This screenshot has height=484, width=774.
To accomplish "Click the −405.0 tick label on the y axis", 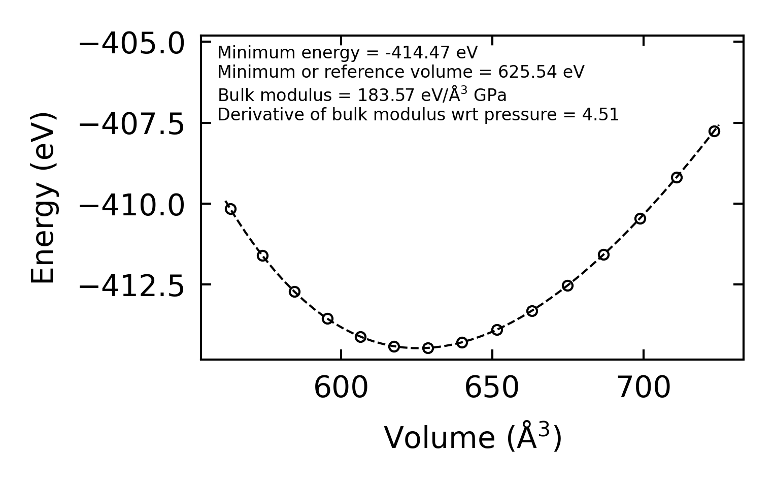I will [131, 44].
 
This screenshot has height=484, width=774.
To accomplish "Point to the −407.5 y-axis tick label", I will [131, 124].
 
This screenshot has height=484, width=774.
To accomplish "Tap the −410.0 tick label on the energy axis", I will [131, 205].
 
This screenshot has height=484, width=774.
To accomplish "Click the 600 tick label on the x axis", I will [341, 389].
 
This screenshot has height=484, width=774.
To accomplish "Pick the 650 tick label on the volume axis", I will [492, 389].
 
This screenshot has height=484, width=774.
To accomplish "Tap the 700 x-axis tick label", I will [644, 389].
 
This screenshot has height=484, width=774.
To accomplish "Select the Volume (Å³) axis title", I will [473, 438].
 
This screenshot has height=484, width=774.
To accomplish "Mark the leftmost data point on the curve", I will [230, 209].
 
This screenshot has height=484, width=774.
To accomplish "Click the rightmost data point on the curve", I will [714, 132].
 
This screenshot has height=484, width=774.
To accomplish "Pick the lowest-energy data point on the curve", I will [428, 348].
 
